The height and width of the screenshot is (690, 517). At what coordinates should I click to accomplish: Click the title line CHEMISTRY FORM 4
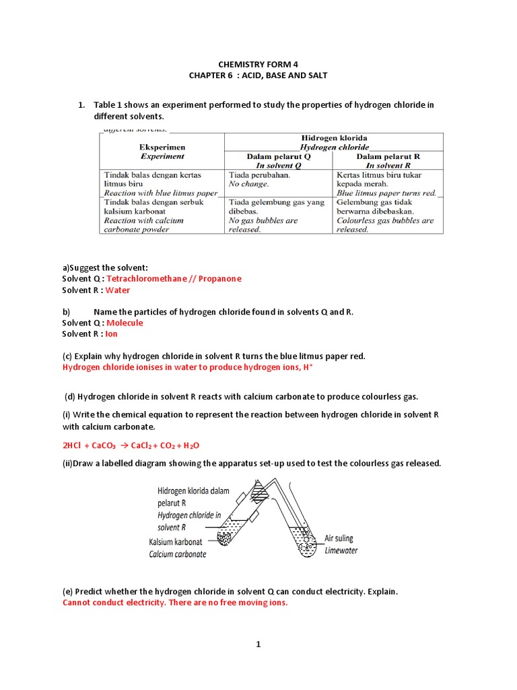tap(258, 64)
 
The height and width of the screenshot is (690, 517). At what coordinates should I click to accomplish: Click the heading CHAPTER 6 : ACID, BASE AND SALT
tap(258, 75)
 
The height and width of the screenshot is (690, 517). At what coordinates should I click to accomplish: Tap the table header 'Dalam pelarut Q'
tap(277, 160)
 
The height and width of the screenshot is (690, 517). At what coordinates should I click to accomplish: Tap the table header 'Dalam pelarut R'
tap(388, 160)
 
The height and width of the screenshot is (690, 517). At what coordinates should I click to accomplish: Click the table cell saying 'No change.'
tap(249, 183)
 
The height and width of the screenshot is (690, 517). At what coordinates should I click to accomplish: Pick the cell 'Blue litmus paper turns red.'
tap(386, 193)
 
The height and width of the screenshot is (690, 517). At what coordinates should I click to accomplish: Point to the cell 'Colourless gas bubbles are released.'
tap(386, 224)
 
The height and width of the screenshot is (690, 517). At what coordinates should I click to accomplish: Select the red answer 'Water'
tap(118, 290)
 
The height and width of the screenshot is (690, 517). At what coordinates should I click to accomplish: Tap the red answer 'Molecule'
tap(125, 323)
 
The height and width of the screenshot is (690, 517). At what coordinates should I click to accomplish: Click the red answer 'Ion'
tap(112, 334)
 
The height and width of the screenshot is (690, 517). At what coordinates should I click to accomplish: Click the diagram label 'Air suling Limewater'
tap(341, 544)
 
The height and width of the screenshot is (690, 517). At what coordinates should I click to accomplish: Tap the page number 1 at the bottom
tap(258, 645)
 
